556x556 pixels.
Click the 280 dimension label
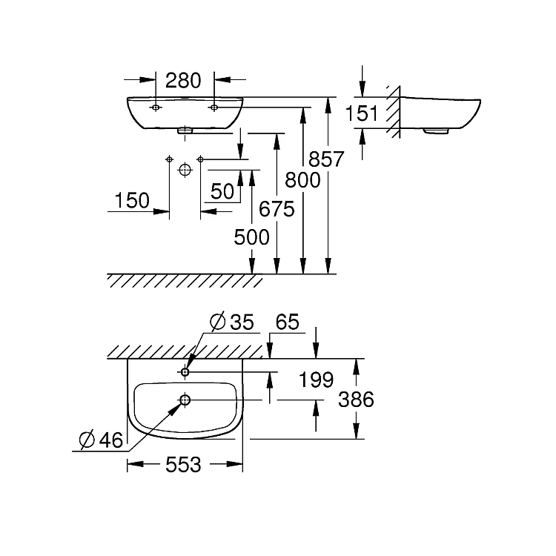coord(185,79)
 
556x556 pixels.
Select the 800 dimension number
coord(303,179)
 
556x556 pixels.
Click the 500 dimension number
coord(252,237)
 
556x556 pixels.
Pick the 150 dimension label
coord(132,200)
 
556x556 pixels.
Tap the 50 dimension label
coord(222,192)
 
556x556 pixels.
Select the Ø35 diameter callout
coord(231,322)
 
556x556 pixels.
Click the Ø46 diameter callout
coord(100,440)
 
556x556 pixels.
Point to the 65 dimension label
coord(286,322)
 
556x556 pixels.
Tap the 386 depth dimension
coord(357,400)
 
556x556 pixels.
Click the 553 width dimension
coord(184,465)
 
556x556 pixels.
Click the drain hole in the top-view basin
coord(185,401)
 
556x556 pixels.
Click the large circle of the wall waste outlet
coord(185,169)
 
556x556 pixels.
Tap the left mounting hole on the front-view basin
coord(156,108)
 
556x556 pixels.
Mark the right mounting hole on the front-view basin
coord(214,108)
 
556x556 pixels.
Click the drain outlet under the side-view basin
coord(437,131)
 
